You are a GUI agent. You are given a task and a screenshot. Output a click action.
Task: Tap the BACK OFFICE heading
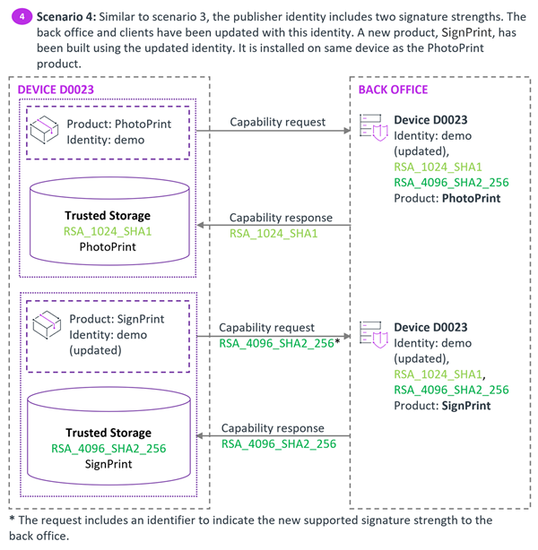click(393, 90)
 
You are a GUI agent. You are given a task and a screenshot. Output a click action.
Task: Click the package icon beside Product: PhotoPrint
click(46, 132)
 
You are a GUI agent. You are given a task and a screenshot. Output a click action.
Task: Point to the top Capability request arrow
click(273, 132)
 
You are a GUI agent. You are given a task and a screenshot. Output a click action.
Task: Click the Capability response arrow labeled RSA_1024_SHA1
click(273, 226)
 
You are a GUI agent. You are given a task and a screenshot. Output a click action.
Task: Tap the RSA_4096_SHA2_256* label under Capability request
click(278, 342)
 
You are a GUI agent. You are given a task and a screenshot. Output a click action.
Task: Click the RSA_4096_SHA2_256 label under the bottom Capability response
click(278, 443)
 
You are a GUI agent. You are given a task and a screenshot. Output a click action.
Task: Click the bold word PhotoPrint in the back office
click(471, 197)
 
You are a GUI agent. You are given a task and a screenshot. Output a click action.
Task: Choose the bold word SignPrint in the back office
click(468, 405)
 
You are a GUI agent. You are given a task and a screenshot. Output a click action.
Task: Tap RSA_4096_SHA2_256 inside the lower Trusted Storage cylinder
click(108, 449)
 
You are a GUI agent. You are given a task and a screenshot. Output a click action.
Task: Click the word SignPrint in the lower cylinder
click(108, 464)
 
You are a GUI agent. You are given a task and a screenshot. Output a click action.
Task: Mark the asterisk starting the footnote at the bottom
click(12, 520)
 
